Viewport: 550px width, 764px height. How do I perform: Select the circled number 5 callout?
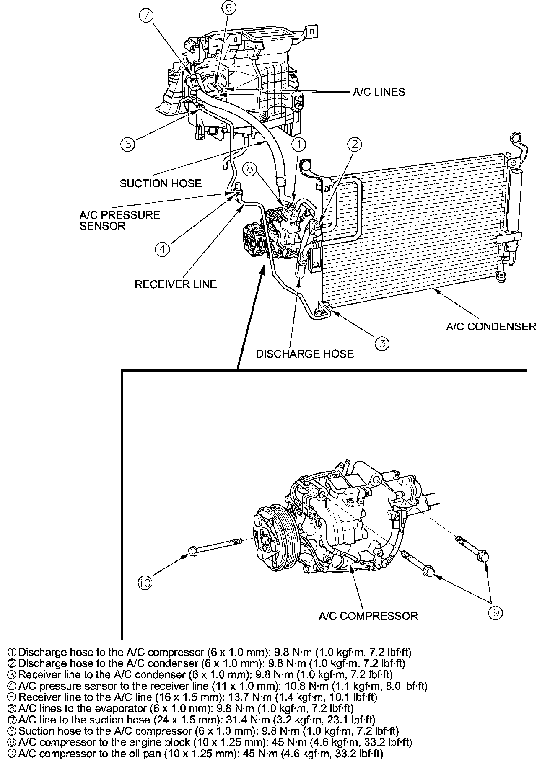pos(127,144)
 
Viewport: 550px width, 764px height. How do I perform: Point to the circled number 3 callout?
pos(382,343)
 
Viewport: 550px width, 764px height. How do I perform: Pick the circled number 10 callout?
pos(145,583)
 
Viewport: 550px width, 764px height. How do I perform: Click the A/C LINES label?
pos(379,92)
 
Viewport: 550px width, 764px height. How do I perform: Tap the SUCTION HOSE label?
pos(161,183)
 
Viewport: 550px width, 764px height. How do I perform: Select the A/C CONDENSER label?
pos(491,326)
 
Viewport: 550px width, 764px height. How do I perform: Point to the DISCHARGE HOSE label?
pos(305,354)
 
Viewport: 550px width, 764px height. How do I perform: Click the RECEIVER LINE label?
pos(176,284)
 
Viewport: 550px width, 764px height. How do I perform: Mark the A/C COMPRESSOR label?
pos(368,616)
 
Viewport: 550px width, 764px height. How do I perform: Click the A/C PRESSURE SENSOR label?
pos(119,221)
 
